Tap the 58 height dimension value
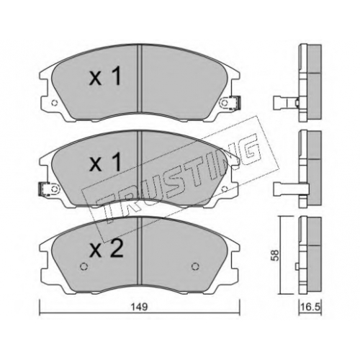click(x=275, y=256)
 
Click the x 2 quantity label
click(x=106, y=249)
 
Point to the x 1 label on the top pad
click(x=104, y=76)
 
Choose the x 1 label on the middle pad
click(x=104, y=163)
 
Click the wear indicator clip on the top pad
click(x=235, y=103)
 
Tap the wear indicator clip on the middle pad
click(x=45, y=189)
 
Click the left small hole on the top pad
click(x=55, y=103)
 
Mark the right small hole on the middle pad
click(x=225, y=189)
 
